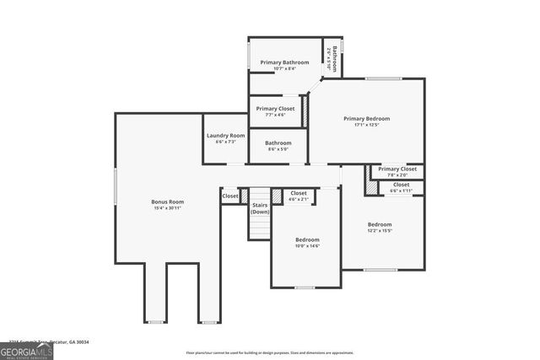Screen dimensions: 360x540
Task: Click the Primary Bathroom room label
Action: tap(284, 62)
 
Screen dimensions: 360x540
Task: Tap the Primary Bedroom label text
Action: tap(367, 119)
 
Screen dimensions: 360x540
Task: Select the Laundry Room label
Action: tap(225, 136)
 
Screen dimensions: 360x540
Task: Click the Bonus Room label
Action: tap(167, 201)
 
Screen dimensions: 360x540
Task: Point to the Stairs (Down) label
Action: tap(260, 208)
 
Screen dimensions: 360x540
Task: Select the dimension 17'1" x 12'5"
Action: tap(367, 126)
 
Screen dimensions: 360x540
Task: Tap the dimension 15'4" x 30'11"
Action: tap(167, 208)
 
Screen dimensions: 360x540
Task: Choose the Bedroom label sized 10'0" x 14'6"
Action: tap(307, 240)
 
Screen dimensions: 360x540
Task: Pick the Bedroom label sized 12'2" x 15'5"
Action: tap(380, 224)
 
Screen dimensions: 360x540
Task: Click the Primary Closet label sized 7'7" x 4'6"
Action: tap(275, 109)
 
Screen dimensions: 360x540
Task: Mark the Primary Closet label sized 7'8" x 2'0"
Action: tap(397, 169)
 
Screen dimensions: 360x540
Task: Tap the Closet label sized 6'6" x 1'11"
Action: tap(401, 185)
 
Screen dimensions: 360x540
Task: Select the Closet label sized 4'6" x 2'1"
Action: tap(299, 193)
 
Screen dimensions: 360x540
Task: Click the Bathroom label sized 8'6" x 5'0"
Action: tap(278, 143)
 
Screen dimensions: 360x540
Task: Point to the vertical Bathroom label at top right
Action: tap(334, 56)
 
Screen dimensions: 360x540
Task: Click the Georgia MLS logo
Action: tap(26, 352)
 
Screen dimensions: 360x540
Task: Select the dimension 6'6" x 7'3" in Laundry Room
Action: tap(225, 142)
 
